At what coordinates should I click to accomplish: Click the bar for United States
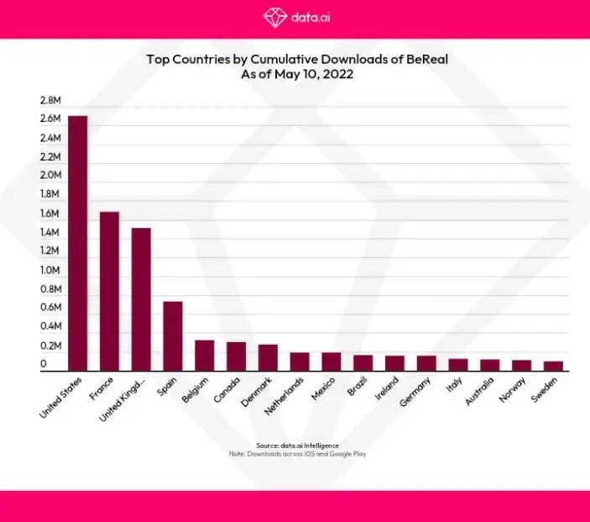tap(77, 244)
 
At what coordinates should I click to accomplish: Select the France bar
tap(109, 291)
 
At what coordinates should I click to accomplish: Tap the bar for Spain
tap(173, 336)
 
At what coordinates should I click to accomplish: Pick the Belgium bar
tap(204, 356)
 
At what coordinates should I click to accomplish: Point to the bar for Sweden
tap(553, 366)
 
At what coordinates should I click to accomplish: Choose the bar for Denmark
tap(268, 357)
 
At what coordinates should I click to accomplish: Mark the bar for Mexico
tap(332, 361)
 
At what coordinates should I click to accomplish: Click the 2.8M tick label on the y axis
tap(50, 100)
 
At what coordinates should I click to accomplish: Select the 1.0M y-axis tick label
tap(50, 270)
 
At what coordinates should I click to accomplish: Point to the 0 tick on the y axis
tap(43, 365)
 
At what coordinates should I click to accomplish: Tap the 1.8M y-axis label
tap(50, 194)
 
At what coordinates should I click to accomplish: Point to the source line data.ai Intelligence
tap(295, 445)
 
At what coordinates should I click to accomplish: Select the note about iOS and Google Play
tap(295, 454)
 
